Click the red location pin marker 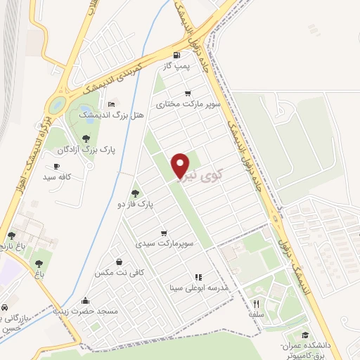[x=181, y=165]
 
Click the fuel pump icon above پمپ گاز [x=175, y=54]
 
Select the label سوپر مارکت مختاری [x=188, y=104]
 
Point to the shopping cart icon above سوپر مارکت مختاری [x=188, y=93]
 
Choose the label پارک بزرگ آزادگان [x=87, y=149]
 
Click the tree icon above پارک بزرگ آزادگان [x=86, y=138]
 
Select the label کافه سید [x=58, y=178]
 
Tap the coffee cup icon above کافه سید [x=57, y=167]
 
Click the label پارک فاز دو [x=136, y=204]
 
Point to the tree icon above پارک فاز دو [x=136, y=193]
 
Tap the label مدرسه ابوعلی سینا [x=199, y=288]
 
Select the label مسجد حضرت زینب [x=86, y=310]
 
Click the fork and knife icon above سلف [x=256, y=303]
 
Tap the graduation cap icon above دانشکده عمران [x=304, y=335]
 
